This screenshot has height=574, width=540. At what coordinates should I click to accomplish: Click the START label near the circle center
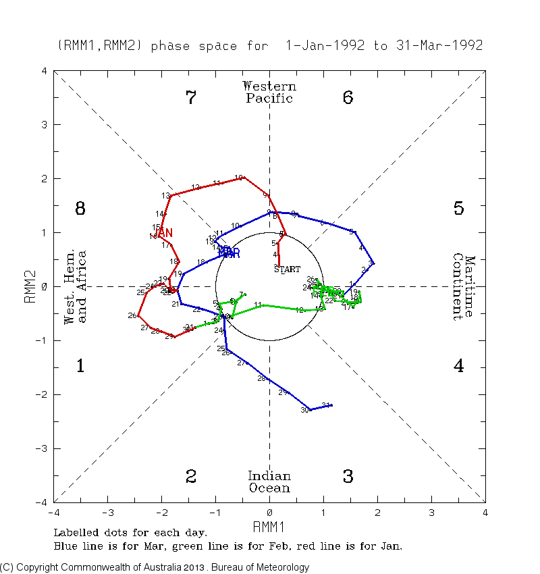[288, 269]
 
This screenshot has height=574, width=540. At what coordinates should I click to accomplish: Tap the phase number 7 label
[191, 98]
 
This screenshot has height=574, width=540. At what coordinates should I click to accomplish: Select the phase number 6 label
[348, 98]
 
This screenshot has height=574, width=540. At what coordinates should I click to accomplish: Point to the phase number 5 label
[458, 209]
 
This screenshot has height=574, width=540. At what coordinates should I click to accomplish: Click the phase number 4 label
[458, 367]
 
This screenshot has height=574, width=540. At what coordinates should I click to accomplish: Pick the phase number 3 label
[348, 477]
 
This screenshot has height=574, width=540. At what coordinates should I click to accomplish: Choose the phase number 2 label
[191, 477]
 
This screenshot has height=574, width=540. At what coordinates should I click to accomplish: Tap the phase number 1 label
[80, 367]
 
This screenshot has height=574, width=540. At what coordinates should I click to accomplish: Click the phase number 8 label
[80, 209]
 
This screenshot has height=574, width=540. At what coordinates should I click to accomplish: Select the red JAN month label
[163, 233]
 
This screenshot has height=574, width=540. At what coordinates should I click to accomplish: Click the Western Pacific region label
[269, 93]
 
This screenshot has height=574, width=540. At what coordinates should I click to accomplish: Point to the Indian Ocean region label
[269, 482]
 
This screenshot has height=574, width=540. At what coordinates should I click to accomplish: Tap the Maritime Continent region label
[464, 286]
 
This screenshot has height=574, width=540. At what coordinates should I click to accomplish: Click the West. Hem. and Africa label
[75, 286]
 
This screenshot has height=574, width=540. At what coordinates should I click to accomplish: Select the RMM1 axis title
[269, 525]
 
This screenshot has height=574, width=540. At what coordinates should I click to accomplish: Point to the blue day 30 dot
[310, 409]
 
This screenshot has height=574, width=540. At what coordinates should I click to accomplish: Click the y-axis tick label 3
[44, 125]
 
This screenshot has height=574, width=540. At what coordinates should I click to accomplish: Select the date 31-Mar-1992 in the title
[439, 46]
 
